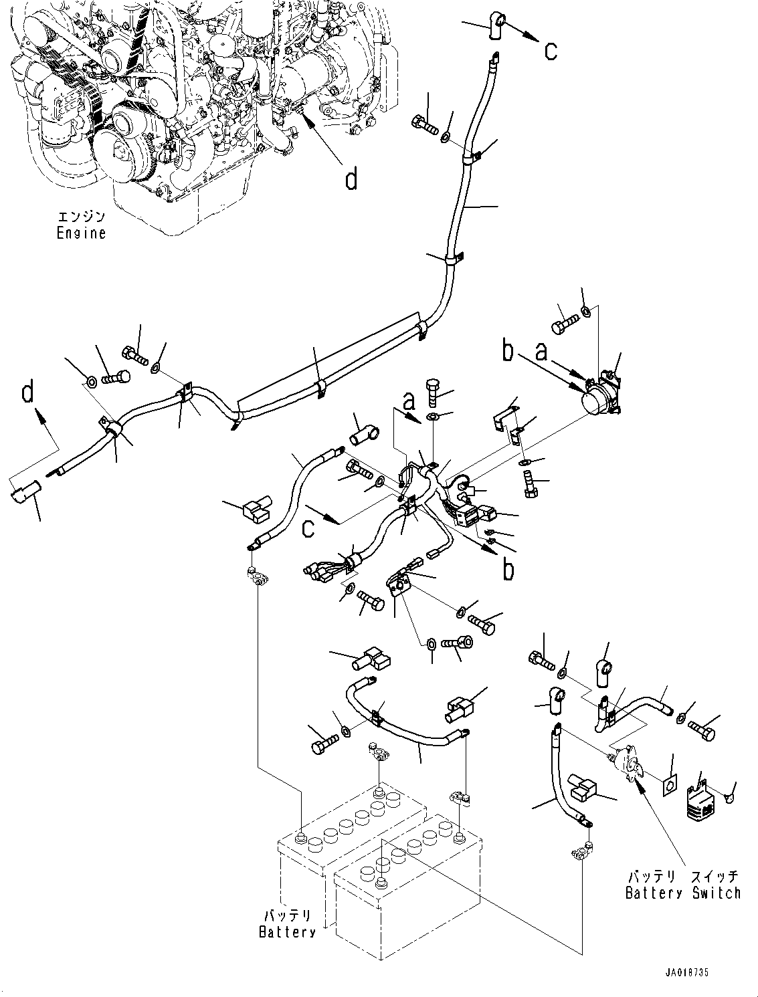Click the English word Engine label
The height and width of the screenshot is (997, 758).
pyautogui.click(x=81, y=233)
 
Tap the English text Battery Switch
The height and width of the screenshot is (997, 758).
pyautogui.click(x=682, y=892)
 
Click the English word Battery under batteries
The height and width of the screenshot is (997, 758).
pyautogui.click(x=287, y=931)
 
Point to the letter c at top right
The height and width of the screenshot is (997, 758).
pyautogui.click(x=550, y=50)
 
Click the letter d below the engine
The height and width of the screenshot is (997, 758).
pyautogui.click(x=351, y=179)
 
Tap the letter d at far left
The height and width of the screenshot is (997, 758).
pyautogui.click(x=27, y=393)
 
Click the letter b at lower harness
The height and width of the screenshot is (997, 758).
pyautogui.click(x=508, y=569)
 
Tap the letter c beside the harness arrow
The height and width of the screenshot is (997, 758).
pyautogui.click(x=308, y=528)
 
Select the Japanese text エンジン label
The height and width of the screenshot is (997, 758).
pyautogui.click(x=81, y=217)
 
